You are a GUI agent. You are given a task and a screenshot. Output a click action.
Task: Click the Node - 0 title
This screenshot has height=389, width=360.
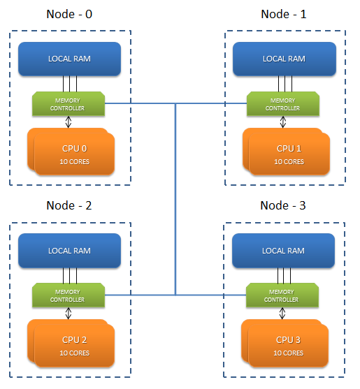coord(69,14)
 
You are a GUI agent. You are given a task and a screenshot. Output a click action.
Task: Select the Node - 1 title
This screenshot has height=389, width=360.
coord(283,14)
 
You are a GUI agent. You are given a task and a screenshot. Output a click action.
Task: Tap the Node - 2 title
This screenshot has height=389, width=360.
coord(69,205)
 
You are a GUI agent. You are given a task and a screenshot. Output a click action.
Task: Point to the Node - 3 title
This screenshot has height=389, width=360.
coord(283,205)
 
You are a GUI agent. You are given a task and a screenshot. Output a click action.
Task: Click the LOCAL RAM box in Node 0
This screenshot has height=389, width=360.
coord(69,59)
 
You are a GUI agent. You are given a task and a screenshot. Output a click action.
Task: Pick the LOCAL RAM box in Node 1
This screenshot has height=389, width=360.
coord(284,59)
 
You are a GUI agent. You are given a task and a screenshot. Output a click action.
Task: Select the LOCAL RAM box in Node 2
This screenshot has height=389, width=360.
coord(69,250)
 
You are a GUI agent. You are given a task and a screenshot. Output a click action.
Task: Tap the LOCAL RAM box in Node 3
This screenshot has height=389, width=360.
coord(283,250)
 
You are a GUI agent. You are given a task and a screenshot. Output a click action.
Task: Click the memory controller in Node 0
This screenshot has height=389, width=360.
coord(68,104)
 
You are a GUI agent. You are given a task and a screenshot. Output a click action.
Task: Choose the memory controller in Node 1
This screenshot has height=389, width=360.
coord(282,104)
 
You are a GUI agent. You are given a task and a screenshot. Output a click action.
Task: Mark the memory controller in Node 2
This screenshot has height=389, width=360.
coord(68,295)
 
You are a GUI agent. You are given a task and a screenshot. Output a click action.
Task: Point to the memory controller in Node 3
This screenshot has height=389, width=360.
coord(282,295)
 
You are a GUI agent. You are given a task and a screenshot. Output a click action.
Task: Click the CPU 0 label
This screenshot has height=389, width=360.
coord(73,148)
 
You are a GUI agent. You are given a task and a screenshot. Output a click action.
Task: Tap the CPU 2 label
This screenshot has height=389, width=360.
coord(73,339)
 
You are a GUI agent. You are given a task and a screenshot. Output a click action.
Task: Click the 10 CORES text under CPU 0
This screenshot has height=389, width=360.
coord(73,161)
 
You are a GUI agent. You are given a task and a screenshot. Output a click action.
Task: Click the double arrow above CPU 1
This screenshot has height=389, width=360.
coord(282,122)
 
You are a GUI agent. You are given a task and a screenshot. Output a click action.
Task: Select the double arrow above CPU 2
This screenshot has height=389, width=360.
coord(68,314)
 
